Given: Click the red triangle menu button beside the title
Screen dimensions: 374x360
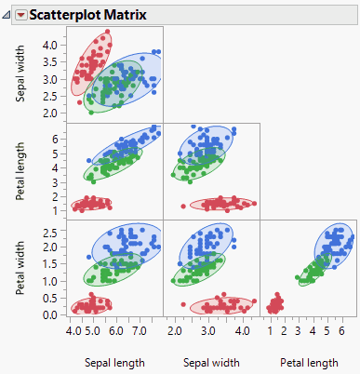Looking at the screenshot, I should coord(21,14).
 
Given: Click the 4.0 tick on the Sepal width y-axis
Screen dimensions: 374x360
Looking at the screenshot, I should coord(52,44).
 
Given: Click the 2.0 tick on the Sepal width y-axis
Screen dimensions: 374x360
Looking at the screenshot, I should coord(52,113).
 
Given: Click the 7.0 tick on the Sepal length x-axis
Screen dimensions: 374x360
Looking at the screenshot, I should coord(140,330).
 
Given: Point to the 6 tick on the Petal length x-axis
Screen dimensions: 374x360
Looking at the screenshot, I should coord(341,330).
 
